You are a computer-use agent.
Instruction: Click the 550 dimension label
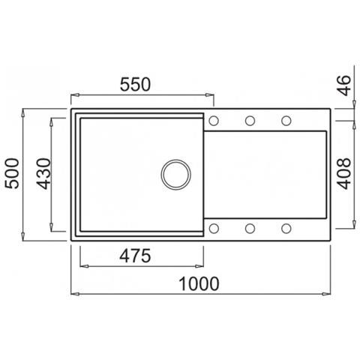click(135, 85)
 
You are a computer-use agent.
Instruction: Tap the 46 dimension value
click(345, 85)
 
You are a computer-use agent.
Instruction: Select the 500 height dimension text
click(12, 173)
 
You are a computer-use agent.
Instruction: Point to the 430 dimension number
click(43, 173)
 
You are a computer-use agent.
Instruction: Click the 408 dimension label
click(343, 173)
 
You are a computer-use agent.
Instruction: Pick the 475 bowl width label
click(135, 256)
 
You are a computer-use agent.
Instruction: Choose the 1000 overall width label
click(199, 283)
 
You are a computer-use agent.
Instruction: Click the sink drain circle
click(175, 175)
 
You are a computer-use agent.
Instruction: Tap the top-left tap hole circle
click(214, 121)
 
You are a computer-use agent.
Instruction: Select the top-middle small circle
click(250, 121)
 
